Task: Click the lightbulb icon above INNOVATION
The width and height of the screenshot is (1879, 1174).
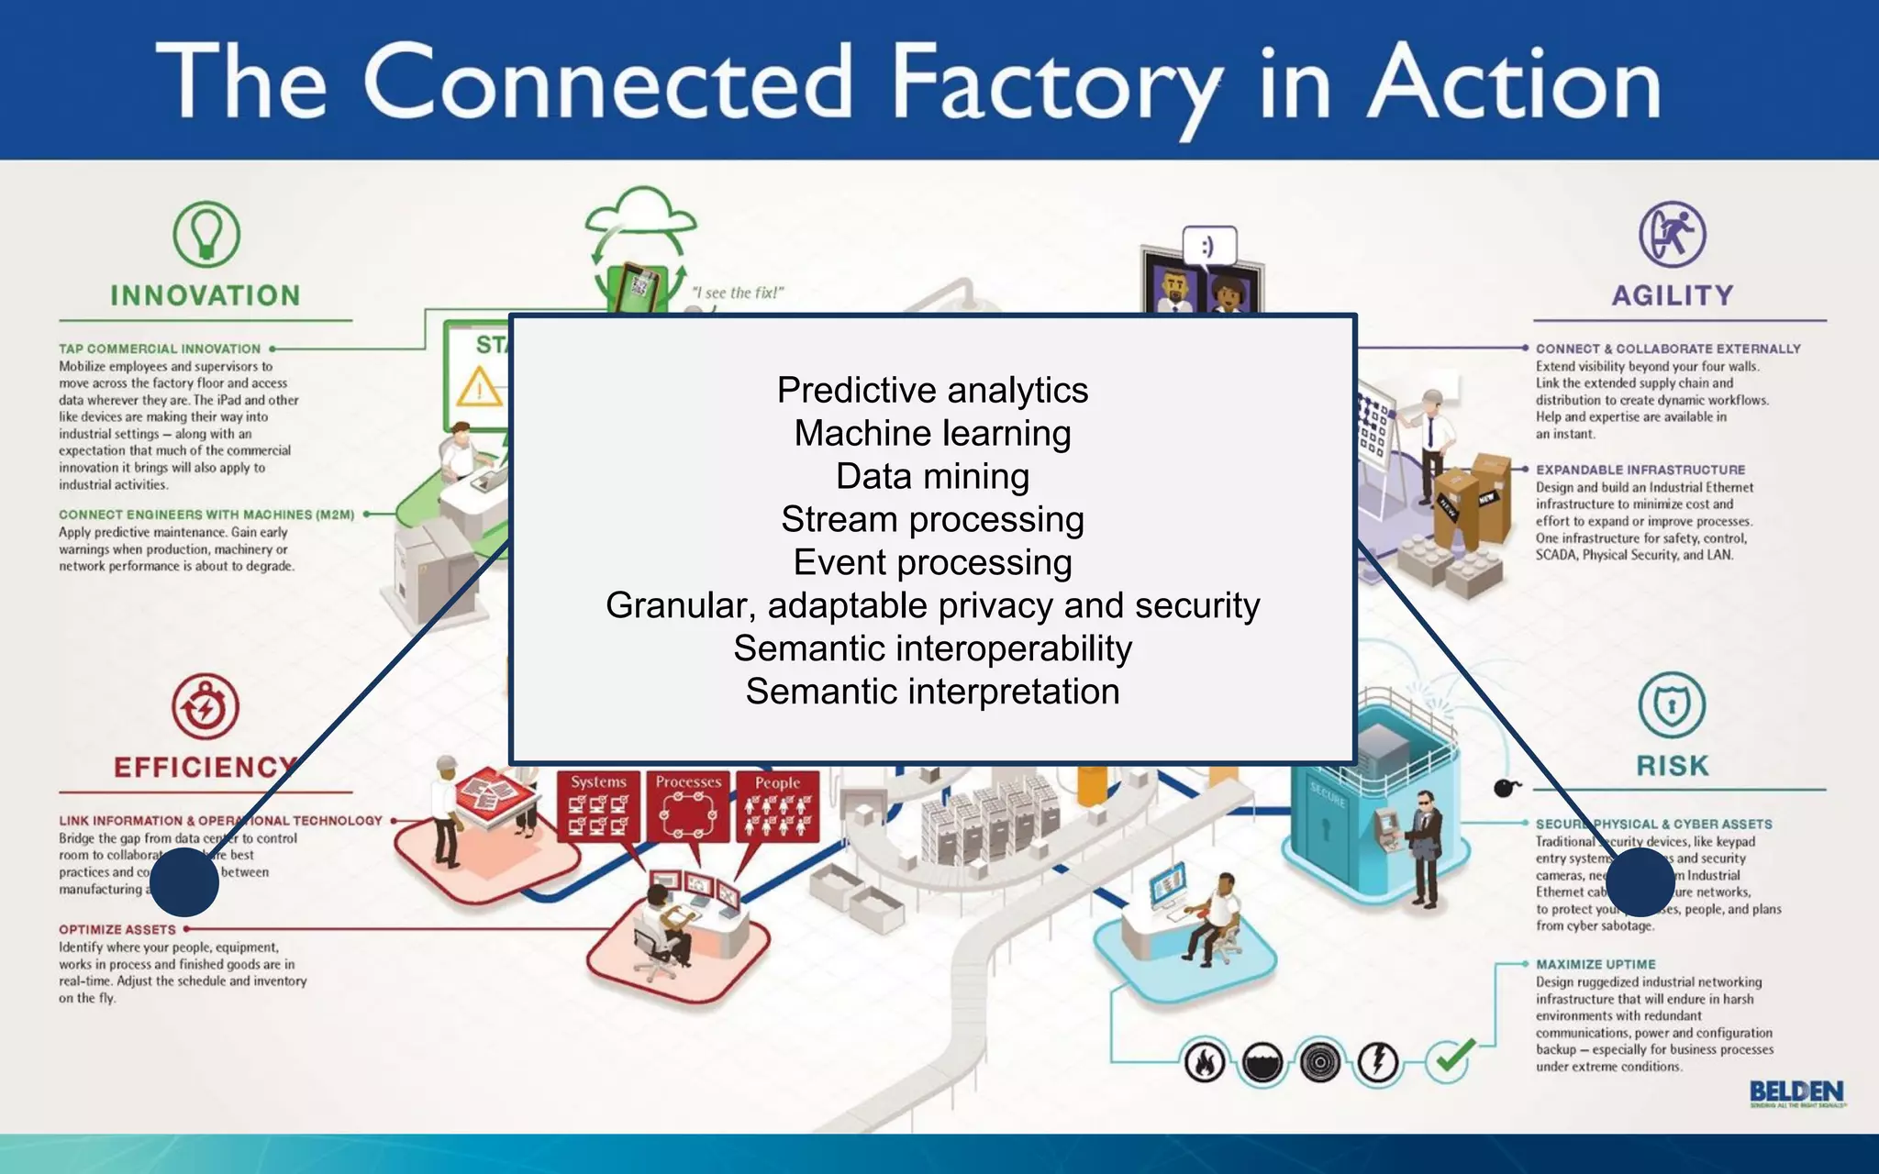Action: click(x=206, y=235)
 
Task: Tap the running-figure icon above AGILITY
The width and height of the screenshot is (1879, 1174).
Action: click(x=1673, y=235)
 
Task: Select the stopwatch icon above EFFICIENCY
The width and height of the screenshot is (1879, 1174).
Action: click(x=206, y=706)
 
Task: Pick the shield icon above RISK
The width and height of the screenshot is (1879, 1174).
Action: click(x=1672, y=705)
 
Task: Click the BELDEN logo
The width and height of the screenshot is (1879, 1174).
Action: click(x=1796, y=1092)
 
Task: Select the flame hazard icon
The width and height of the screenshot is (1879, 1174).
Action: click(x=1205, y=1063)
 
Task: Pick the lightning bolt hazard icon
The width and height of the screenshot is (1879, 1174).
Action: click(x=1377, y=1063)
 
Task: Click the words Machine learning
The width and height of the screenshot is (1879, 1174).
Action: click(x=932, y=433)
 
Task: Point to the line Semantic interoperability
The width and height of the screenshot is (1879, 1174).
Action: click(x=932, y=648)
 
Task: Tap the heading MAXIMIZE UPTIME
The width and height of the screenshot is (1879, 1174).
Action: click(x=1595, y=964)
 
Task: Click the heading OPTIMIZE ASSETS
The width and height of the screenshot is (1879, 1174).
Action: click(x=117, y=929)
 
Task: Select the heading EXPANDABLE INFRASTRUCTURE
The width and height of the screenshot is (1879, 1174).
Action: click(x=1640, y=470)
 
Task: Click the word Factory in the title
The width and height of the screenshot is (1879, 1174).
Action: click(x=1055, y=84)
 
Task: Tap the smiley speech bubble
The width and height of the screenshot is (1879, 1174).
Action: click(x=1209, y=247)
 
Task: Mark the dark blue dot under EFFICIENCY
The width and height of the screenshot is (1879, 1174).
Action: click(x=183, y=881)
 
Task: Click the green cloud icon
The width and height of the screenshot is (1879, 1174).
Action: click(x=641, y=216)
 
